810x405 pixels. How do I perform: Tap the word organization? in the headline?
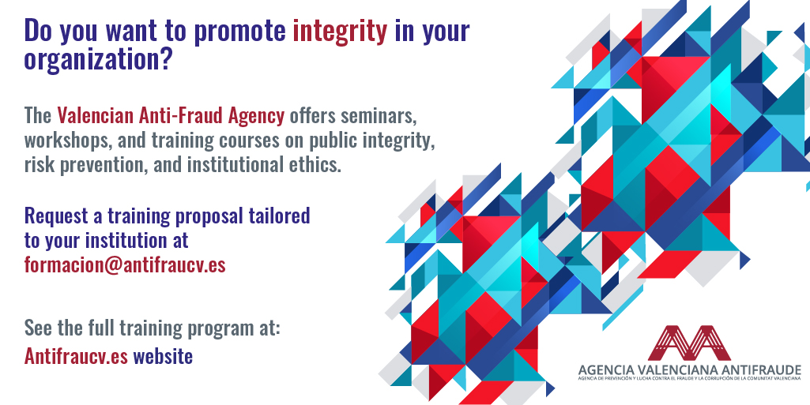click(98, 60)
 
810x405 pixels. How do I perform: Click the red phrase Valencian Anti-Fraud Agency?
click(171, 116)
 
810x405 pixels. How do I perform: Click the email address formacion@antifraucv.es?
click(125, 264)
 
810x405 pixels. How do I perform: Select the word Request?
click(56, 216)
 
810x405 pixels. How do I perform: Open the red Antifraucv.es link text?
click(76, 356)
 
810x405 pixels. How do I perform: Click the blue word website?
click(164, 356)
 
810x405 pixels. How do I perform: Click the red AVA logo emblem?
click(689, 343)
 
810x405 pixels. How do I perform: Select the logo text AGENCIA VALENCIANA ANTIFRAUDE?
click(690, 369)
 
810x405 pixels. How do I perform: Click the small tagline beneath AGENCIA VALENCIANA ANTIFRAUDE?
click(690, 379)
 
